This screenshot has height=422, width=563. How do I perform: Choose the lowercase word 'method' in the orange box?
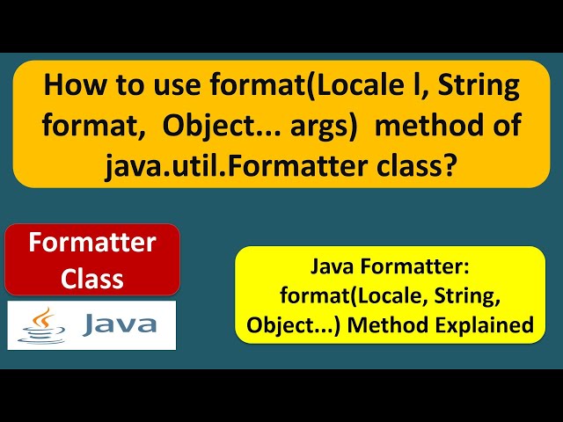click(x=422, y=125)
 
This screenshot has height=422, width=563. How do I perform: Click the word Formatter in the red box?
click(x=92, y=243)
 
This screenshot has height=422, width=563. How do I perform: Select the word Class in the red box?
click(x=92, y=279)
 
